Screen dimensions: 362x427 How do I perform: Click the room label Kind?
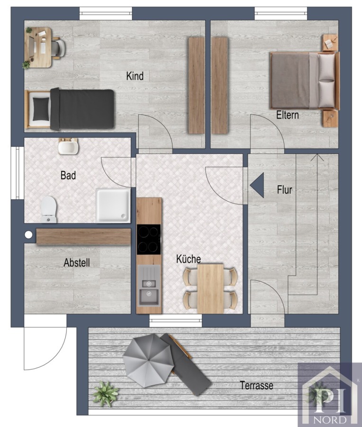click(135, 76)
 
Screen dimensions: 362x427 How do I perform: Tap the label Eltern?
click(288, 115)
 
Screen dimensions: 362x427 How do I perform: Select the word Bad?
click(68, 176)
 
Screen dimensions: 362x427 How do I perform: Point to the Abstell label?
click(77, 263)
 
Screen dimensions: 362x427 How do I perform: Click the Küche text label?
click(189, 259)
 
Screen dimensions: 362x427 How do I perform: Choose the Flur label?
click(284, 190)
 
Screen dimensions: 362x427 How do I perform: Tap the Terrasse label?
click(256, 385)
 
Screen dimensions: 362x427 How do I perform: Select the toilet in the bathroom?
click(49, 209)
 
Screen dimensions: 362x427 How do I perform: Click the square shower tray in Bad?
click(113, 205)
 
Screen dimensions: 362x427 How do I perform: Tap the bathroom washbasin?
click(68, 147)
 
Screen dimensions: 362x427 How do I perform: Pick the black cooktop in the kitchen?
click(148, 240)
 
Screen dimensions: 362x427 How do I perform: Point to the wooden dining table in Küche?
click(210, 288)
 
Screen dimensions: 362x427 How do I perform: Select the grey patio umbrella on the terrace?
click(148, 361)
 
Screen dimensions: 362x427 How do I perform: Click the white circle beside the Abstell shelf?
click(28, 234)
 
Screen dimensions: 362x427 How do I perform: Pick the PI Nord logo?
click(330, 395)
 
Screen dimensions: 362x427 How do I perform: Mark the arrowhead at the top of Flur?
click(317, 157)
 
